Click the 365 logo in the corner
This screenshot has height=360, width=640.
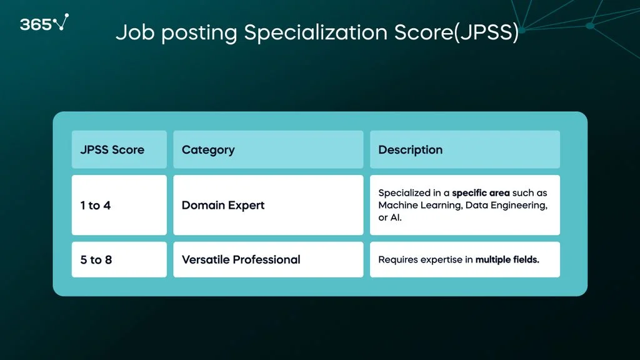click(44, 23)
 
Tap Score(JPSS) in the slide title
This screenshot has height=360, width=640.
click(456, 32)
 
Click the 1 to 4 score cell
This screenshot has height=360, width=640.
click(119, 205)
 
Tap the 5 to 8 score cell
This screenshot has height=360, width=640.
click(119, 259)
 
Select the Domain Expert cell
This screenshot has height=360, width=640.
click(268, 205)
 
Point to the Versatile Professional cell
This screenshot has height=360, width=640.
click(268, 259)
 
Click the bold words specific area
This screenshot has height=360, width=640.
click(481, 193)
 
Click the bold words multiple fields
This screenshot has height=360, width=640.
click(507, 259)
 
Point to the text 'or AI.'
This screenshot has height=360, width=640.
click(390, 217)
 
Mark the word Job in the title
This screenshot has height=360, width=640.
click(135, 32)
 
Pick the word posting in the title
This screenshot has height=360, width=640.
click(199, 34)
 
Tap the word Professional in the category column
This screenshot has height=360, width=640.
click(266, 259)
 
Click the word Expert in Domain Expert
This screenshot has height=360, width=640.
click(246, 205)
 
